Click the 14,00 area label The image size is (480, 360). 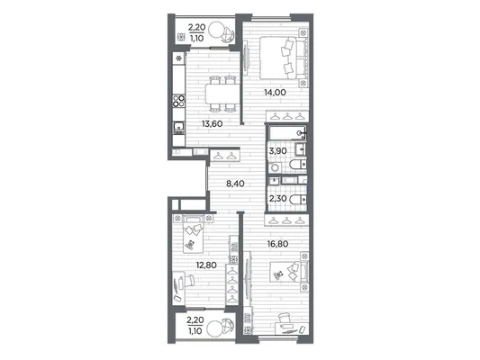(275, 92)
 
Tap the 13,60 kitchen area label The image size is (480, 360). (212, 124)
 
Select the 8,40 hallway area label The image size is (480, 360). (235, 184)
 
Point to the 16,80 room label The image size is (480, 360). (277, 244)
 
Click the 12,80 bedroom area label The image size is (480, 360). (206, 265)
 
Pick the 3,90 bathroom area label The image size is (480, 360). (278, 151)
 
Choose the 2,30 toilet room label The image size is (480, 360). (278, 199)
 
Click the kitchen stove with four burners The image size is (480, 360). (179, 101)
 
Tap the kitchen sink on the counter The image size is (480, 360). (179, 128)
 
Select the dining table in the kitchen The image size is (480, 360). (222, 94)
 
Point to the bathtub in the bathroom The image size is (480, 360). (287, 132)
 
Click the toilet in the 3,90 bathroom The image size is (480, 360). (298, 164)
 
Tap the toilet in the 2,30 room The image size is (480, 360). (298, 200)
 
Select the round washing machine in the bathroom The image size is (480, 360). (276, 167)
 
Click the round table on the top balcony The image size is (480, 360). (217, 30)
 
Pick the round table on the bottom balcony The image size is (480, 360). (215, 328)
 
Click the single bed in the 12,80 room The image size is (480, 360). (193, 234)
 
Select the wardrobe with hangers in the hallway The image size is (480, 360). (225, 156)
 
